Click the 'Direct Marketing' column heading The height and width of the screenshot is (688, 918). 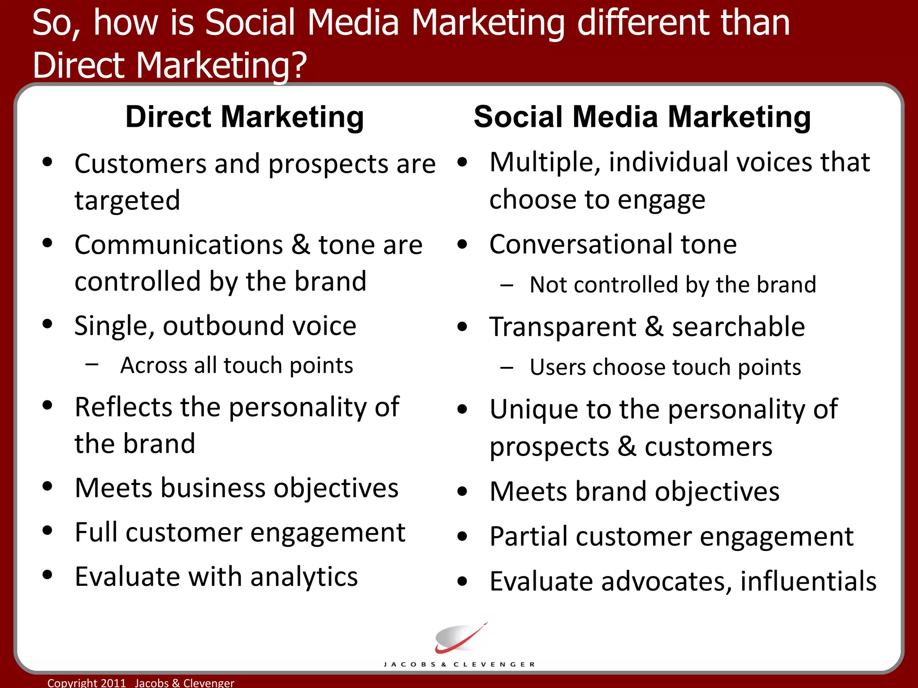coord(244,117)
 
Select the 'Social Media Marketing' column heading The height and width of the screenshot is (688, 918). coord(642,117)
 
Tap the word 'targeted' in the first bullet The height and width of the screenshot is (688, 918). coord(127,200)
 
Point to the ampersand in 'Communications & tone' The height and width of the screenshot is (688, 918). coord(301,245)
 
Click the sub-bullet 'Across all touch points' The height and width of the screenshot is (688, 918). coord(236,365)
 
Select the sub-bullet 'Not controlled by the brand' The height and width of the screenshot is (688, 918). coord(672,285)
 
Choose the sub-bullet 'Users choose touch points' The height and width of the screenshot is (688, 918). coord(665,367)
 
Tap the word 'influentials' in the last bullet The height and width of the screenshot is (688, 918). coord(808,581)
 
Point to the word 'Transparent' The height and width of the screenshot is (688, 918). coord(563,327)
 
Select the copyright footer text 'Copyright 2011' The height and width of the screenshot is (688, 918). coord(87,683)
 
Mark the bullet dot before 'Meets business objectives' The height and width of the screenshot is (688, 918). coord(48,486)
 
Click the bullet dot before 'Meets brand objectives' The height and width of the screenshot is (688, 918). coord(462,491)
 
